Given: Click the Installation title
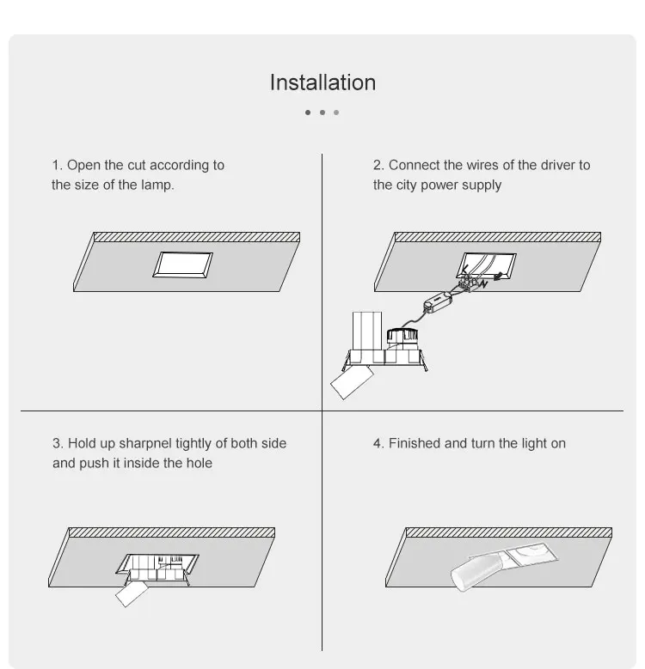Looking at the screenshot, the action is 322,82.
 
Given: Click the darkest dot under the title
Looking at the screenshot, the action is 308,113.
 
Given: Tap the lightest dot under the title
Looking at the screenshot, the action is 336,113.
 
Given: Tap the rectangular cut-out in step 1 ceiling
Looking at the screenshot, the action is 183,265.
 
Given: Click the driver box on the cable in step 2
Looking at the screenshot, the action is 438,301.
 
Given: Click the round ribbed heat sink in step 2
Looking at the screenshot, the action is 402,336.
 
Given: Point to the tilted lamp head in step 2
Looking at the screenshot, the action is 352,382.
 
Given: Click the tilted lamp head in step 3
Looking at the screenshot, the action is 132,594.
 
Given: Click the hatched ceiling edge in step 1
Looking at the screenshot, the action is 197,237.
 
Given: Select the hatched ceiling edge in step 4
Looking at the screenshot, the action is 509,532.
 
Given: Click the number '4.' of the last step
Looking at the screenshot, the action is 378,443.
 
